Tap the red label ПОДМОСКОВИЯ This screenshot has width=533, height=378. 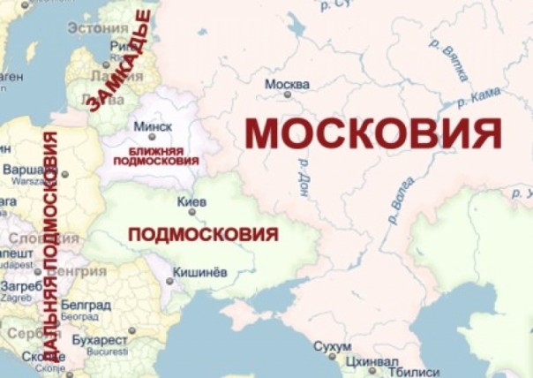point(203,235)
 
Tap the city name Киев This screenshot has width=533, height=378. point(191,202)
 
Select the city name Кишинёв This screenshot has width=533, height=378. point(199,273)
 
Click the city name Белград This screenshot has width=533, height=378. point(87,306)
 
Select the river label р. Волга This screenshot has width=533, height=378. point(400,205)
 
